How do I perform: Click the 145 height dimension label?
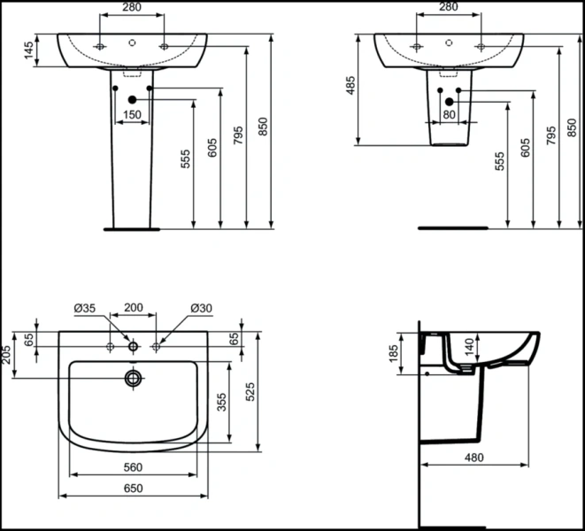tap(28, 50)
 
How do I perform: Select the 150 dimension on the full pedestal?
tap(132, 114)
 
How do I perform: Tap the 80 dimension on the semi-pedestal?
tap(450, 114)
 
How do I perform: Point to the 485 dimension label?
tap(350, 86)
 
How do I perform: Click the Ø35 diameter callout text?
tap(85, 308)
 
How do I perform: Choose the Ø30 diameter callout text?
tap(201, 308)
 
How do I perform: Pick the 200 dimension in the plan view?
tap(134, 307)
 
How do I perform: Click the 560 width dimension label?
tap(133, 466)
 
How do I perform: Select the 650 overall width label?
tap(133, 489)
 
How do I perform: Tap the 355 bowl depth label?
tap(221, 402)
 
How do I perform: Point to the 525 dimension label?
tap(250, 391)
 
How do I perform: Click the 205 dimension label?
tap(6, 354)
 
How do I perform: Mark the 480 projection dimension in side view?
tap(474, 458)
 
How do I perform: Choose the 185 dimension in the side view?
tap(393, 353)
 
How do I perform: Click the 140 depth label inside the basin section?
tap(469, 346)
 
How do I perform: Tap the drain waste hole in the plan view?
tap(133, 379)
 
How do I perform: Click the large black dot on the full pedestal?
tap(132, 100)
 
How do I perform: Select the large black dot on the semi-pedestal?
tap(450, 102)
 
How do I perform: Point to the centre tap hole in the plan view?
tap(133, 347)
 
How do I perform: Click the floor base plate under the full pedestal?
tap(132, 229)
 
